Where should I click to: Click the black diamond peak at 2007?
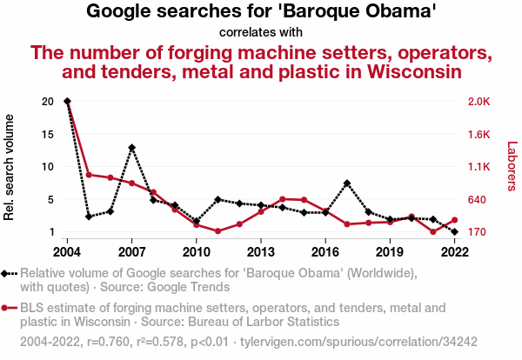pos(131,148)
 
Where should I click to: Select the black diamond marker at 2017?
pos(347,183)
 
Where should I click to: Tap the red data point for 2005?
pos(89,175)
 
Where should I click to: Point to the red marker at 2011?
pos(217,231)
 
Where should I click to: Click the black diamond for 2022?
pos(454,232)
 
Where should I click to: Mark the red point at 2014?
pos(283,199)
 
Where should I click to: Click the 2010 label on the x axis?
pos(197,252)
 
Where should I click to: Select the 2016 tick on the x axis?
pos(325,252)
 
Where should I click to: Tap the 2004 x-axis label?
pos(67,252)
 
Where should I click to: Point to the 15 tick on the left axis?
pos(48,134)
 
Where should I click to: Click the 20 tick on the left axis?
pos(48,101)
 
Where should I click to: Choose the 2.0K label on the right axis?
pos(479,101)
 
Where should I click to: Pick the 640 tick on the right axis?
pos(477,199)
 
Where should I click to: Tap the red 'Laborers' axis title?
pos(512,166)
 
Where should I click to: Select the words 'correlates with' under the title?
pos(261,32)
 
